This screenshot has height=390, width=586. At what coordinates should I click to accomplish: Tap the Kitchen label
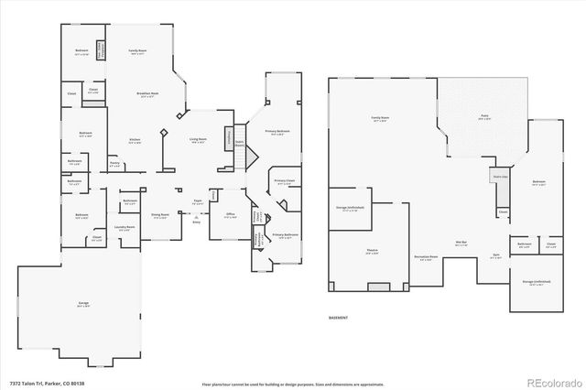coord(135,141)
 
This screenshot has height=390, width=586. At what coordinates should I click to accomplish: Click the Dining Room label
coord(159,216)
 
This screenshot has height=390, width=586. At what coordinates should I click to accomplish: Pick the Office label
coord(231,216)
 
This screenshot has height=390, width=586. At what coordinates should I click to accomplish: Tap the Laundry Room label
coord(125,226)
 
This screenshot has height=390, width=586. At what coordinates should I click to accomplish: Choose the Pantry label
coord(114,165)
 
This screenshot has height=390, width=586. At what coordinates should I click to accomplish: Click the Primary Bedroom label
coord(278,133)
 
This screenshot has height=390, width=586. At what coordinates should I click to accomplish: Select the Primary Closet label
coord(284,181)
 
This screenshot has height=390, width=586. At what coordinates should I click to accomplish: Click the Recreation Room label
coord(424,257)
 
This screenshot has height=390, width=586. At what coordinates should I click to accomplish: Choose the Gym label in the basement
coord(495,256)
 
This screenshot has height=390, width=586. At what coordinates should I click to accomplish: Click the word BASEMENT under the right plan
coord(340,317)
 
